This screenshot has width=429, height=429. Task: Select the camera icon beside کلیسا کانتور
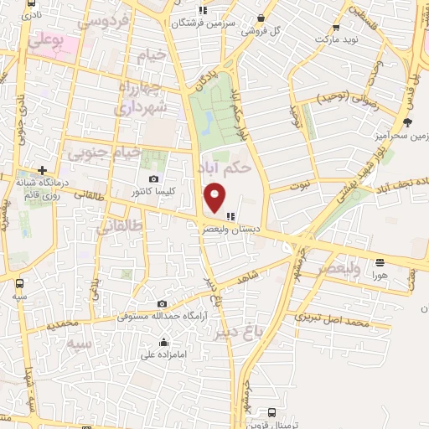coord(153,178)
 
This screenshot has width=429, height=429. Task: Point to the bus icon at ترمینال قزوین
coord(271,411)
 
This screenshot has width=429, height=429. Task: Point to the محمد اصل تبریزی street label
coord(333,322)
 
